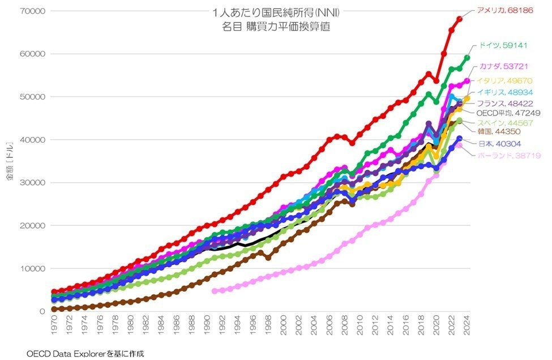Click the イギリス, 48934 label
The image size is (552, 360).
click(x=504, y=92)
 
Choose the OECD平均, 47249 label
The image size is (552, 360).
click(x=504, y=113)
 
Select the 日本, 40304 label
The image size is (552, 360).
click(x=497, y=144)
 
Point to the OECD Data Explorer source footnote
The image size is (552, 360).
click(x=85, y=354)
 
